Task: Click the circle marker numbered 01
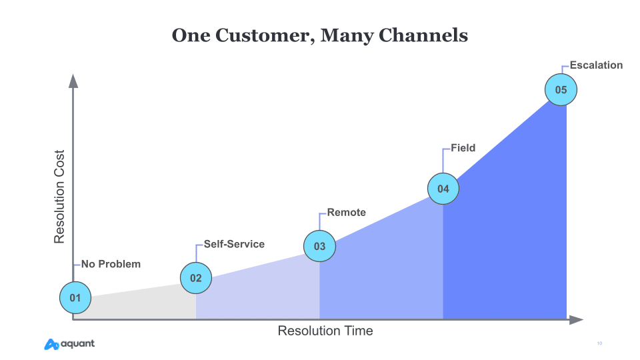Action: (x=75, y=297)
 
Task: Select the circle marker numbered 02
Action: (x=196, y=278)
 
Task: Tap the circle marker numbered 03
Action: (x=319, y=246)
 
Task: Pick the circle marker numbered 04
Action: (x=443, y=189)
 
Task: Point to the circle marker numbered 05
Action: (x=561, y=90)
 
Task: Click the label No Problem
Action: (x=111, y=264)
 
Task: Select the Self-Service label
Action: (x=234, y=244)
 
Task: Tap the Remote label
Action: (x=347, y=212)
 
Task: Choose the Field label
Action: (x=463, y=148)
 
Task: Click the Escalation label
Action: (x=596, y=65)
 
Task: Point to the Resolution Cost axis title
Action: (x=59, y=197)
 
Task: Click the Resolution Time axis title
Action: (x=325, y=331)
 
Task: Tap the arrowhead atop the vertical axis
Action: (x=73, y=81)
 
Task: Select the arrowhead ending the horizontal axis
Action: (x=576, y=320)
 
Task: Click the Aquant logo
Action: (x=69, y=344)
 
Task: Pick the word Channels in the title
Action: (x=423, y=35)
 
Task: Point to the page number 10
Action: (x=599, y=343)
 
